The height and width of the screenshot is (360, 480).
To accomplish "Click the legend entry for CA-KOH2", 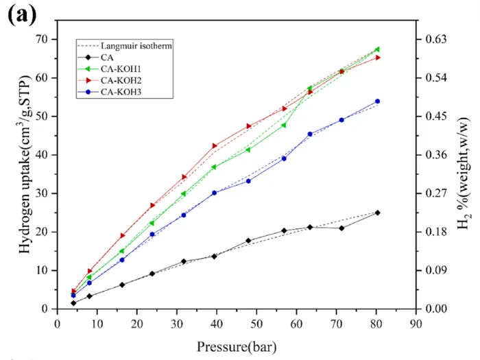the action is coord(121,80).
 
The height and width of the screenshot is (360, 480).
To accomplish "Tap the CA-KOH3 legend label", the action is coord(121,92).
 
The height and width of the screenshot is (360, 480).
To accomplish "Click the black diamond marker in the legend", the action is coord(88,57).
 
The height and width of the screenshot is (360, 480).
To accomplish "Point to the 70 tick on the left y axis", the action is coord(43,40).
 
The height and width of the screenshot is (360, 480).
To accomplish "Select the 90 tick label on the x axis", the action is coord(416,324).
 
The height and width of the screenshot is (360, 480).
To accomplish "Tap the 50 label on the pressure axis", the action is coord(256,324).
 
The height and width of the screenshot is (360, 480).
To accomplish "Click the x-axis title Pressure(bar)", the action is coord(237,347).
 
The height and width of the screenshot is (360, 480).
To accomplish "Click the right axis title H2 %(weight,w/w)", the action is coord(463,173).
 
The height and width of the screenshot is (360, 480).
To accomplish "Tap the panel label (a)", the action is coord(21,14).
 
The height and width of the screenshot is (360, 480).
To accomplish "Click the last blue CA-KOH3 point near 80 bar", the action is coord(377,101).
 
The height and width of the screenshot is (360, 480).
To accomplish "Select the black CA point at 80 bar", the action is coord(377,213).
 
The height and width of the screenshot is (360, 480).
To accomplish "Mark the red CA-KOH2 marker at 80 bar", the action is coord(377,58).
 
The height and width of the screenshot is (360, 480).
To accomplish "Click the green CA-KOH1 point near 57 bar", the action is coord(284,125).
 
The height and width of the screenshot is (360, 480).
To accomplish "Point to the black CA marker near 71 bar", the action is coord(341,228).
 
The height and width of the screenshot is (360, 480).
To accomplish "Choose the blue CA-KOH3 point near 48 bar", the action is coord(248,181).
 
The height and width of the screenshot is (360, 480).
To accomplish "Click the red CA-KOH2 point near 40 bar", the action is coord(214,145).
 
